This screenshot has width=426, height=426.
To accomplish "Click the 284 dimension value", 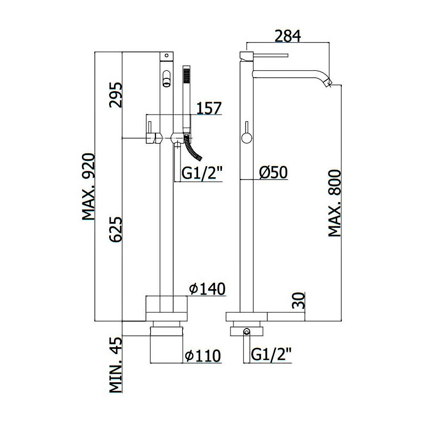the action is pos(288,36).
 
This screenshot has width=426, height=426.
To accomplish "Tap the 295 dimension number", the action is pos(116,95).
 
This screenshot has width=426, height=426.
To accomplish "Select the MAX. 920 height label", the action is pos(88,187).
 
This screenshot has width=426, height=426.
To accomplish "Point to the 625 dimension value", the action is pos(116,229).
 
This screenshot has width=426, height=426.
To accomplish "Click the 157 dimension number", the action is pos(209,108).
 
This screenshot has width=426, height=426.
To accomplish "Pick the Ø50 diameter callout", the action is pos(273,172).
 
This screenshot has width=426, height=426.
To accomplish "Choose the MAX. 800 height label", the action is pos(334,203).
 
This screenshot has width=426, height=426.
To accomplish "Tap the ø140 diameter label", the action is pos(208,289).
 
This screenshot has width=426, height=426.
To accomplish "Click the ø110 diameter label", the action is pos(203,356).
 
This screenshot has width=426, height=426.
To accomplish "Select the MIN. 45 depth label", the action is pos(116,365).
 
